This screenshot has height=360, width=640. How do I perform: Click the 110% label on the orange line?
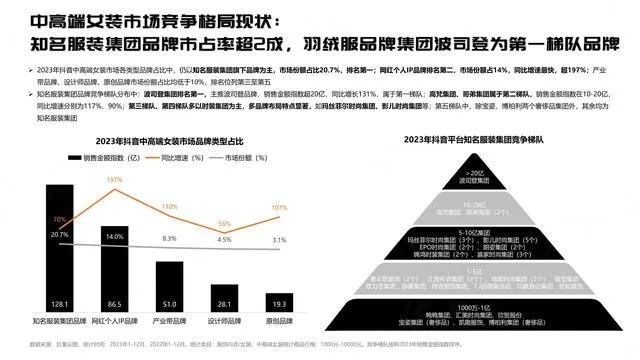[x=168, y=206]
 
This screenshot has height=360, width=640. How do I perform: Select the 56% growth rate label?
[x=225, y=223]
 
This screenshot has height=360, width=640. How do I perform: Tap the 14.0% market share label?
[x=112, y=235]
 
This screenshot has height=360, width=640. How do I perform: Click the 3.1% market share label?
[x=279, y=240]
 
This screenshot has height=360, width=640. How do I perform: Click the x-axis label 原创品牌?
[x=279, y=322]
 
